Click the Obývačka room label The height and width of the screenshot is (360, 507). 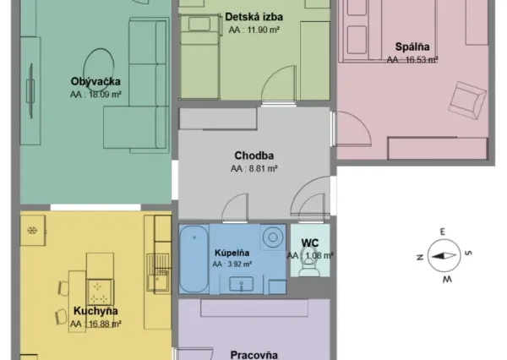(x=95, y=81)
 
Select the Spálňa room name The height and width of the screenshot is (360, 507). (x=412, y=46)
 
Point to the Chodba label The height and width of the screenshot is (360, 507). (x=254, y=155)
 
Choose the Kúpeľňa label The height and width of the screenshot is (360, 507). (x=232, y=253)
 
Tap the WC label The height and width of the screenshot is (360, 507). (x=310, y=243)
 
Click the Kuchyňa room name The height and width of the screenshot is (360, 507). (x=95, y=311)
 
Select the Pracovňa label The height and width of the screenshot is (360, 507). (x=253, y=355)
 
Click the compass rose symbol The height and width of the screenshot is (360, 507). (x=444, y=255)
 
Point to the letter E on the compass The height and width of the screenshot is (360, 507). (x=443, y=232)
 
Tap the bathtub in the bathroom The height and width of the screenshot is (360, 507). (x=194, y=259)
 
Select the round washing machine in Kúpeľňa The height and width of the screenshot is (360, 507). (x=273, y=237)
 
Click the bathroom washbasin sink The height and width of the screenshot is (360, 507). (x=241, y=284)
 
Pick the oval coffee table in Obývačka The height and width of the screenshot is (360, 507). (x=99, y=70)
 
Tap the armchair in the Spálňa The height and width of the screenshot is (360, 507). (x=467, y=101)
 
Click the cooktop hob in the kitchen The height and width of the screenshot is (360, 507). (x=100, y=292)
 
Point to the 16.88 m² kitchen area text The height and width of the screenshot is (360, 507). (x=95, y=324)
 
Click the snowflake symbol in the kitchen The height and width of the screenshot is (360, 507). (x=32, y=231)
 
